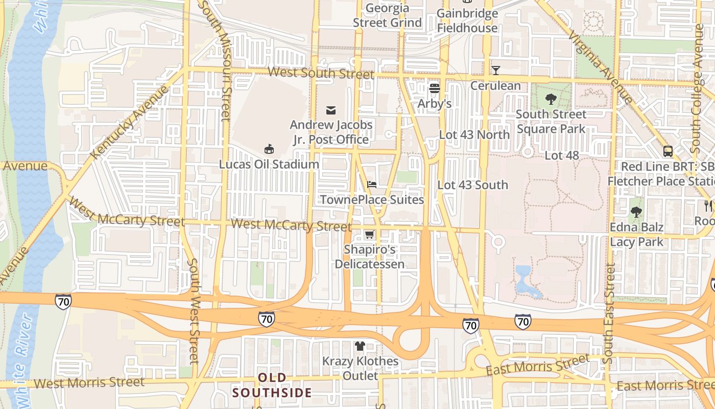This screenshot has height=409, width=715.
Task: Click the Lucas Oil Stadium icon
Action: [269, 149]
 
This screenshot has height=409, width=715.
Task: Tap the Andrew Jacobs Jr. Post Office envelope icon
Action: [331, 110]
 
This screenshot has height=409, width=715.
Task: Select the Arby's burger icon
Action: [435, 88]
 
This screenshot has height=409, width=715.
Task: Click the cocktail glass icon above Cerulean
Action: [495, 70]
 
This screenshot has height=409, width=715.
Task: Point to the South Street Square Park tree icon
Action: [551, 99]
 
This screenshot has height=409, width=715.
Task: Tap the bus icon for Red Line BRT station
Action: [668, 151]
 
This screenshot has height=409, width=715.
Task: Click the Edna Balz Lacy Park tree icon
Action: [636, 212]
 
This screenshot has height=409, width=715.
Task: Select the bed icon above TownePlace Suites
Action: [372, 184]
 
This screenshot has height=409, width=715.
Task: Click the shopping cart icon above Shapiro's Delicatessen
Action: [369, 235]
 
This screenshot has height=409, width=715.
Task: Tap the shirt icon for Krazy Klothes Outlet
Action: [360, 346]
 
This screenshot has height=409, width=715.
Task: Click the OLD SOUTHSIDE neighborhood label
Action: [272, 385]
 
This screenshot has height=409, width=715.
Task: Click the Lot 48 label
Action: [562, 155]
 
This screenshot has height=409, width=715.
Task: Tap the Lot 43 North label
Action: [474, 134]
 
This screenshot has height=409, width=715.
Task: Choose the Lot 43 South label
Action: [473, 185]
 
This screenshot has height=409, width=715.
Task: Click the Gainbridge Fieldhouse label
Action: [467, 20]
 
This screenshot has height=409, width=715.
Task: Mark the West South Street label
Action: [321, 73]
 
